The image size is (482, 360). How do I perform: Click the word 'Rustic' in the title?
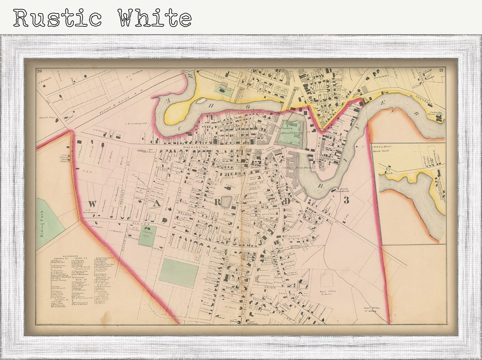pyautogui.click(x=58, y=18)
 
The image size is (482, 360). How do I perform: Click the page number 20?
pyautogui.click(x=39, y=71)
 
